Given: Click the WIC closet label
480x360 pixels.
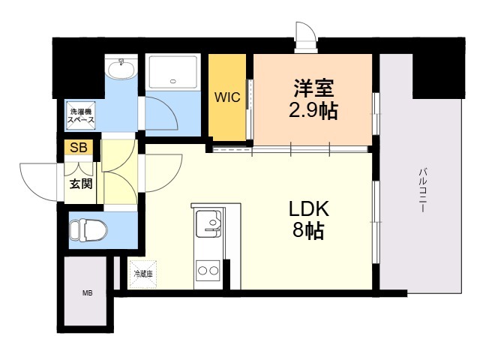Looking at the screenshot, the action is pos(227,97).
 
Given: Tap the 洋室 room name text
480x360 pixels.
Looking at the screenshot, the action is pos(313,88).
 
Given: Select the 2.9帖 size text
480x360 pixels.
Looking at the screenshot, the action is pos(313,110).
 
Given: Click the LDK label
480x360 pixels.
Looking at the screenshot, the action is pos(309,208).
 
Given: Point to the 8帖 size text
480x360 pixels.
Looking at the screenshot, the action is pos(308,230).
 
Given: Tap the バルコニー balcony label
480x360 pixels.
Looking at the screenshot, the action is pos(423,190).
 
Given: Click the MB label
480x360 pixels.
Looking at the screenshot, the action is pos(88,293).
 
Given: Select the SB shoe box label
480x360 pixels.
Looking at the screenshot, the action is pos(79,148).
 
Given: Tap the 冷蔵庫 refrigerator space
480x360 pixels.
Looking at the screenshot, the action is pos(143,274).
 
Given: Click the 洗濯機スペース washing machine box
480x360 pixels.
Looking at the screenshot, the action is pos(81,115).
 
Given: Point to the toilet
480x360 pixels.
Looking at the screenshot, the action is pos(88,229).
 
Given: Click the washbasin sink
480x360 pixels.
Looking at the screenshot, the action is pos(121,69).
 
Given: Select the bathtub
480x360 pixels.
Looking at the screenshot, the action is pos(173,72).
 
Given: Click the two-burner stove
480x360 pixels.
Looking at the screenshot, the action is pos(208,271).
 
